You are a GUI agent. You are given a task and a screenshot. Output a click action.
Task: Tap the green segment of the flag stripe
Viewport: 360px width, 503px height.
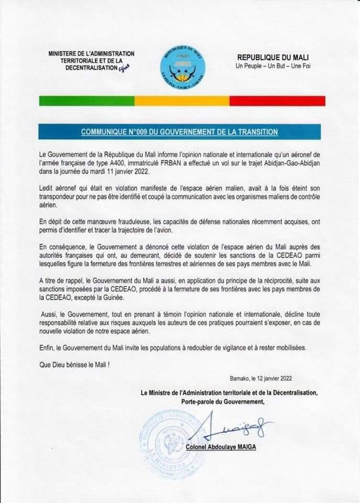coord(86,101)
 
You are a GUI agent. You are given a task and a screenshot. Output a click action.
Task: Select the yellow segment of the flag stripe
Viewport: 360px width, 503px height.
coord(182,101)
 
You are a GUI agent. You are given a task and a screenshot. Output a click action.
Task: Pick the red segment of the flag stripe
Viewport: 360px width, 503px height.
coord(277,101)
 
